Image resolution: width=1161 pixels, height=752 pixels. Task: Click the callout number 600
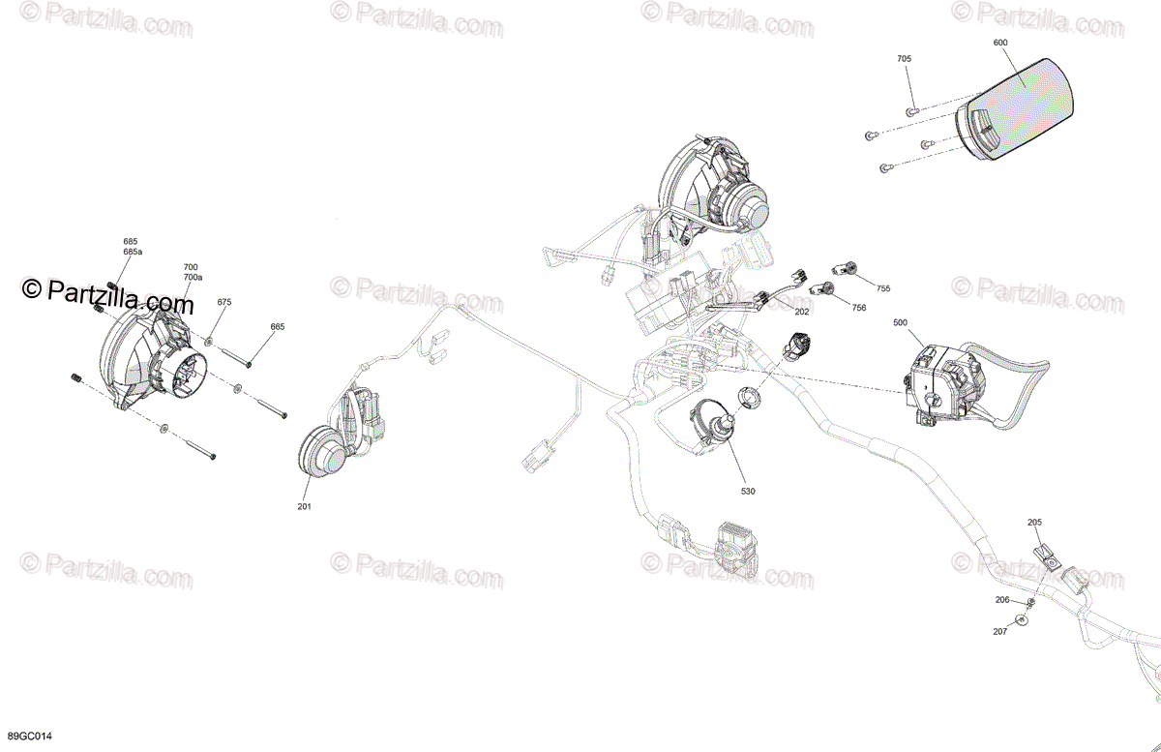[1000, 43]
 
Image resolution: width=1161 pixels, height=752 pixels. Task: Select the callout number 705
[905, 59]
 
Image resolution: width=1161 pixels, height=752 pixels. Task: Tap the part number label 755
[882, 288]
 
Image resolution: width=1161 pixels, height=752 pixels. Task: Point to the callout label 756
[859, 308]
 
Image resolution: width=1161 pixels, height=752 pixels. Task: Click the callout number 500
[901, 322]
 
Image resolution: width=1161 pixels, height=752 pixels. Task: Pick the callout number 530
[748, 492]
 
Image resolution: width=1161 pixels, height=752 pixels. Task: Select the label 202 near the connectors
[801, 312]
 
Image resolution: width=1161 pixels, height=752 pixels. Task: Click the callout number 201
[306, 505]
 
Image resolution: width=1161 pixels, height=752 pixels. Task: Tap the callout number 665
[278, 327]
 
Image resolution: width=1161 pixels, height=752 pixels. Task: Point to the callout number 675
[224, 302]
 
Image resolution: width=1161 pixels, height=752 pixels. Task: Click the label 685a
[132, 252]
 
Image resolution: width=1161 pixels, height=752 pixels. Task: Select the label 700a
[193, 277]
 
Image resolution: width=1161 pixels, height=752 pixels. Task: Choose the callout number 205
[1035, 523]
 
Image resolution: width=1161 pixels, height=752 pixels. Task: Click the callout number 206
[1002, 600]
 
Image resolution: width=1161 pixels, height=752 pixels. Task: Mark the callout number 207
[999, 632]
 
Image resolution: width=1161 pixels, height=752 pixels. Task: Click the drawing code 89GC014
[29, 737]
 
